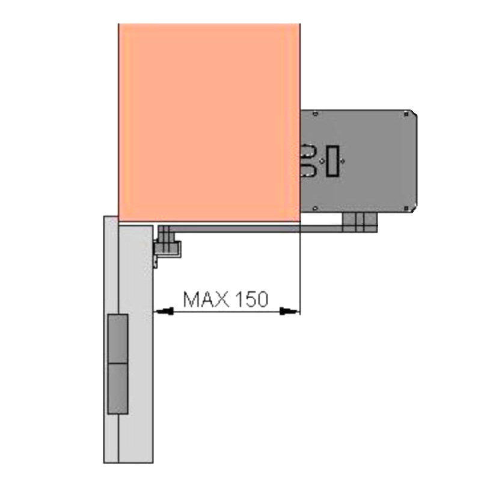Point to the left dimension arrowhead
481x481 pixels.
165,311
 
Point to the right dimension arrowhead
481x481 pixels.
289,311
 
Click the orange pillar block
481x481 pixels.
209,123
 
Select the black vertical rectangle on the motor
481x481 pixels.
333,161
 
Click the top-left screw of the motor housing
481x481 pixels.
314,114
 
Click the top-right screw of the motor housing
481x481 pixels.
406,114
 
